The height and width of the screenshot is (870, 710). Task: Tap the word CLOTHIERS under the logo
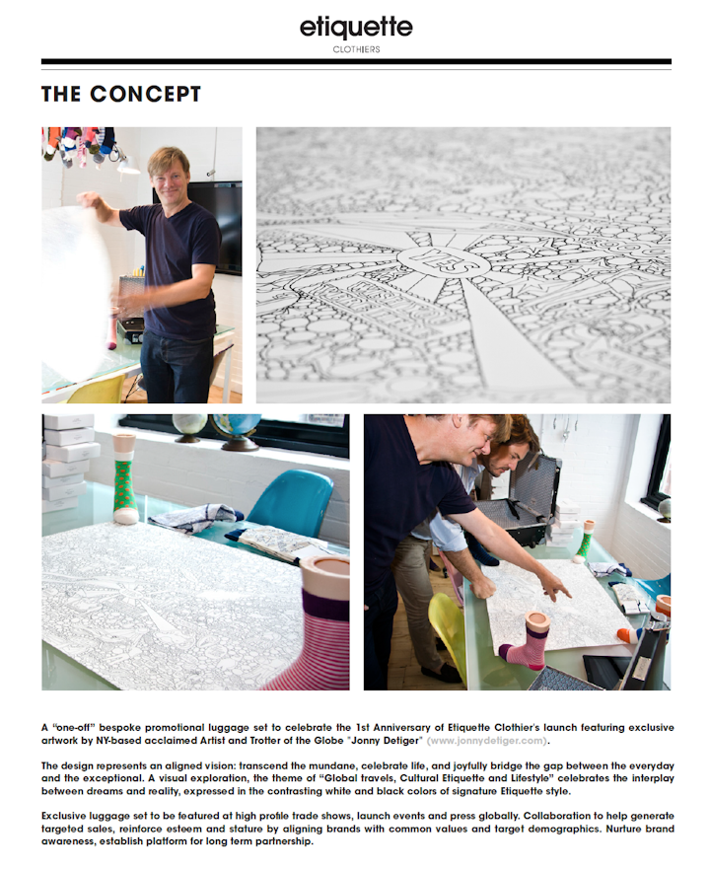(x=356, y=48)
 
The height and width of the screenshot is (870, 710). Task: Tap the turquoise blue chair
(x=289, y=503)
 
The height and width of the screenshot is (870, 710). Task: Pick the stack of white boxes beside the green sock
(x=71, y=464)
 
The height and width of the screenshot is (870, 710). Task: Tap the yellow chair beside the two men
(x=449, y=631)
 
